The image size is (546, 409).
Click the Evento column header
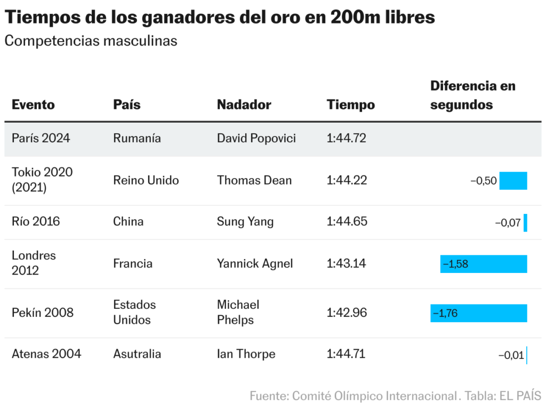(33, 105)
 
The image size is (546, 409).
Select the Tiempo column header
(350, 105)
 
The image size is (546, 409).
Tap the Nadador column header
(244, 105)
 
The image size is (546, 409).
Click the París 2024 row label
(41, 138)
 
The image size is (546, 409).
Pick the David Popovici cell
(256, 138)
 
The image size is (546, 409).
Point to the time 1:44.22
(347, 180)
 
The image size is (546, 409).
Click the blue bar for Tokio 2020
(513, 181)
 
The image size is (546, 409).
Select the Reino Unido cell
(146, 180)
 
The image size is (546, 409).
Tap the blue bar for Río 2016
(525, 222)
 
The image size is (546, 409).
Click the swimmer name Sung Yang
(245, 221)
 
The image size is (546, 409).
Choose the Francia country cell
(132, 263)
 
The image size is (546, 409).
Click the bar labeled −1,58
(483, 264)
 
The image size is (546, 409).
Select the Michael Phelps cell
(238, 312)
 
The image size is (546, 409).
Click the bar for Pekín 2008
(478, 313)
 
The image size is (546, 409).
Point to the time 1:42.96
(347, 312)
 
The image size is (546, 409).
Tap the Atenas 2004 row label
(46, 354)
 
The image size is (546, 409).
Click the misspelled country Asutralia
(137, 354)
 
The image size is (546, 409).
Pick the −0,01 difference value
(511, 355)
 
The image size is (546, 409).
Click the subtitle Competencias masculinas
(91, 41)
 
